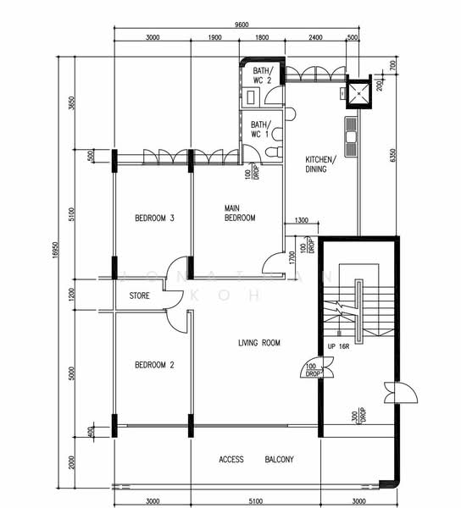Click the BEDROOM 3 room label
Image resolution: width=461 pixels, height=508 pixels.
click(x=154, y=218)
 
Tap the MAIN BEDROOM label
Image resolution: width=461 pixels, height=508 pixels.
click(x=240, y=213)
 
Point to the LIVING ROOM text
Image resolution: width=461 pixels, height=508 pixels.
click(x=258, y=343)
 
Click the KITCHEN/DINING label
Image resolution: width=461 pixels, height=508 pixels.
click(x=320, y=164)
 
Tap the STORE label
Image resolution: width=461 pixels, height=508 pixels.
click(x=140, y=296)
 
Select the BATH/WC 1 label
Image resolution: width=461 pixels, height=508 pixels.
click(x=259, y=129)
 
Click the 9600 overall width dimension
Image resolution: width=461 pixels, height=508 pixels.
click(x=242, y=25)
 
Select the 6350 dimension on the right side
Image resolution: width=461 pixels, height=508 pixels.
click(x=392, y=156)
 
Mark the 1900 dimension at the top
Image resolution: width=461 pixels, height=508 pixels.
click(x=214, y=38)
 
